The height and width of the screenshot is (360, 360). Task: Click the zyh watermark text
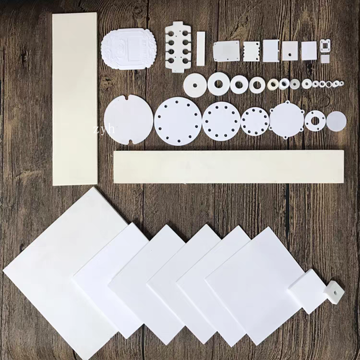(104, 129)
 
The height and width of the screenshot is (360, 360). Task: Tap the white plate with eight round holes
(178, 47)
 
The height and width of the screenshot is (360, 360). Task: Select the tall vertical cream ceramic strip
(75, 99)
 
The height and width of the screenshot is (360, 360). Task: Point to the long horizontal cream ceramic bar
(229, 166)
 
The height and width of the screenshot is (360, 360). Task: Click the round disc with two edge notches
(129, 120)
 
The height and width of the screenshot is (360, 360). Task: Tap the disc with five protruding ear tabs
(287, 120)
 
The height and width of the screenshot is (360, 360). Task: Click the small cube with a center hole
(334, 293)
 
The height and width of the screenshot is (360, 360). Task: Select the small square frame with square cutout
(325, 46)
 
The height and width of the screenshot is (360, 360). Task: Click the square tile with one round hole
(290, 51)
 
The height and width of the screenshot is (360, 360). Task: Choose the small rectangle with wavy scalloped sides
(252, 51)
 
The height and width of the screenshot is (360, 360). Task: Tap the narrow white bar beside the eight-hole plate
(201, 49)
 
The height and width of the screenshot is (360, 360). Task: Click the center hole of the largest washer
(195, 85)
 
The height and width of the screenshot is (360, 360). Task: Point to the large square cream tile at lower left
(65, 273)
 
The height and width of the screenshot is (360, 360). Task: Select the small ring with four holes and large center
(315, 121)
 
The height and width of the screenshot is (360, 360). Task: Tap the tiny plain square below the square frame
(325, 59)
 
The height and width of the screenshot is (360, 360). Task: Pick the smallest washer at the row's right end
(342, 83)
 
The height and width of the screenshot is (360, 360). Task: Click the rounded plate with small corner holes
(226, 51)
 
